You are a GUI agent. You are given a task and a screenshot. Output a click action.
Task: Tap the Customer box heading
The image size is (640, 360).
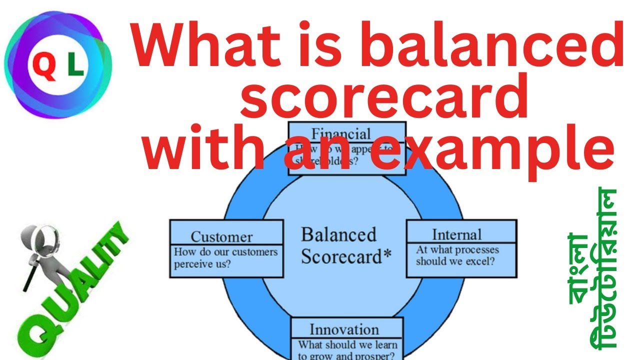[x=221, y=236]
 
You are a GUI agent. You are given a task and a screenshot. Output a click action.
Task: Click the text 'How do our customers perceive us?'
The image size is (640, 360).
[x=225, y=257]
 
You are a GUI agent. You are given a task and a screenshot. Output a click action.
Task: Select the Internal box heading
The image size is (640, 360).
[x=456, y=234]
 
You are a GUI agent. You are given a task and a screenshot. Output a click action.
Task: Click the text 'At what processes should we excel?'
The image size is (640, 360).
[x=457, y=255]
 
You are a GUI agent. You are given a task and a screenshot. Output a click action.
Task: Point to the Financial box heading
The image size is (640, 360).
[x=341, y=133]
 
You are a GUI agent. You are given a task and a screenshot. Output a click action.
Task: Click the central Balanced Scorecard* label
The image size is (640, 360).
[x=345, y=245]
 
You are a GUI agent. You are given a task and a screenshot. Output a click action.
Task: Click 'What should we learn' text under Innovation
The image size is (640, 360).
[x=347, y=344]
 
